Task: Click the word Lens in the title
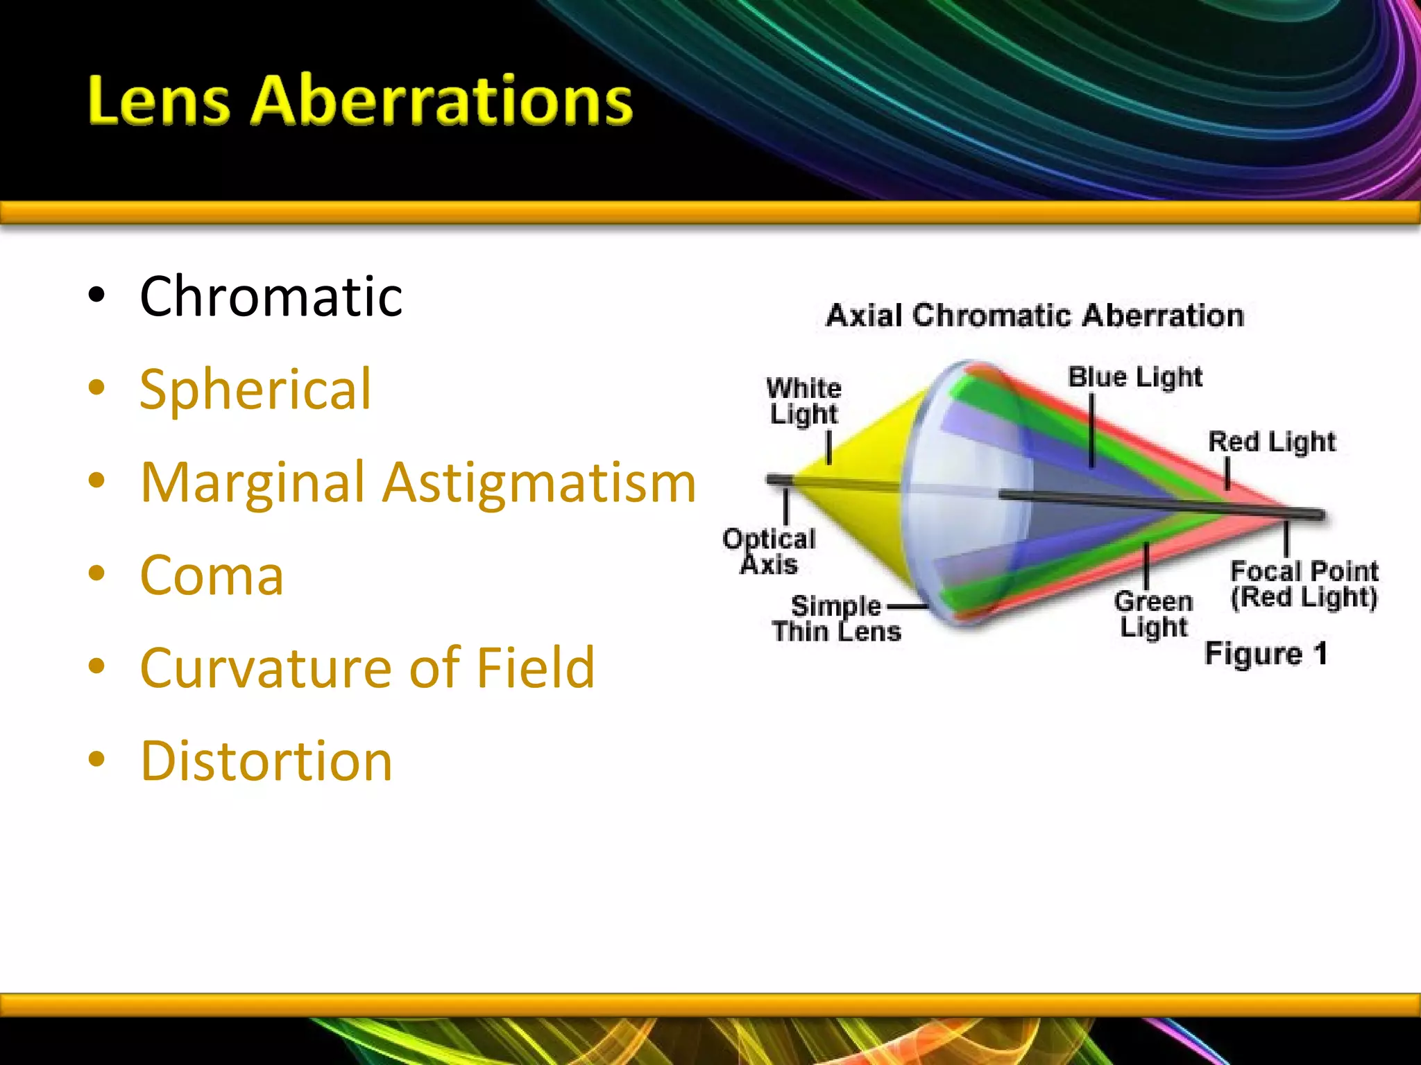coord(158,101)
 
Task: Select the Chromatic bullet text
coord(271,297)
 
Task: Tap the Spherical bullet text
coord(255,390)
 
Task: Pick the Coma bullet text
coord(212,575)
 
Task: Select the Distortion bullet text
coord(266,761)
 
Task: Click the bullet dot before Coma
coord(96,574)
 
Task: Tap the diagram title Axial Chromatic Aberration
coord(1035,316)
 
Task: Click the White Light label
coord(803,401)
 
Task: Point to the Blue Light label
coord(1134,377)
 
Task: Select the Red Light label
coord(1271,442)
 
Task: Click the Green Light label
coord(1153,614)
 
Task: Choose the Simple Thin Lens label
coord(836,618)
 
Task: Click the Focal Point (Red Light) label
coord(1304,585)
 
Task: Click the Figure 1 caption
coord(1266,654)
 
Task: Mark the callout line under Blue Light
coord(1092,430)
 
